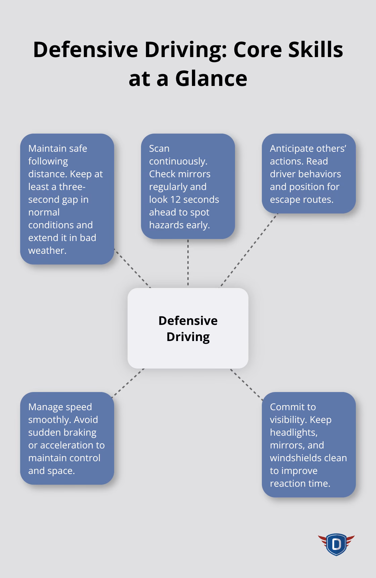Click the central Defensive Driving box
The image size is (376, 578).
188,328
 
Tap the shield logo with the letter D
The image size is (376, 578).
336,544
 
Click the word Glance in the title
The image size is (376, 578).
211,78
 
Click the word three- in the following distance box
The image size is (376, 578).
72,187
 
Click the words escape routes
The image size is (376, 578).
301,199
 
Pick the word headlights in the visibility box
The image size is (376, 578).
293,432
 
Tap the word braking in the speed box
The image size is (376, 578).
82,432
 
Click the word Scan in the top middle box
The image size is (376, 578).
159,148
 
